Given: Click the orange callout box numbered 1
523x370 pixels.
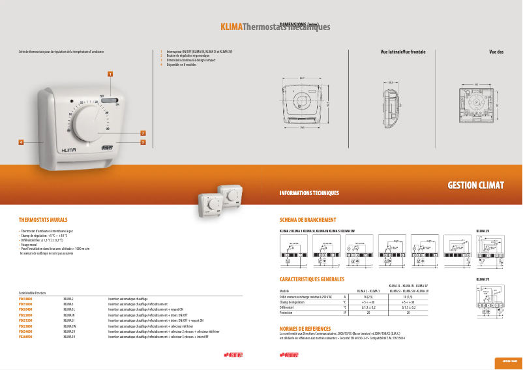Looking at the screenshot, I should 111,74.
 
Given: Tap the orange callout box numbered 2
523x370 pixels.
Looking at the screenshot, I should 143,133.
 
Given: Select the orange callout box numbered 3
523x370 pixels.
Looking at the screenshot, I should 143,141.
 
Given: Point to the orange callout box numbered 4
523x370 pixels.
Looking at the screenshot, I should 22,142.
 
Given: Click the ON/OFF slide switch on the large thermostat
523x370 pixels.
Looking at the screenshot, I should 112,102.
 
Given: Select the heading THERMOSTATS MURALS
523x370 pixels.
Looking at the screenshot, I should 44,220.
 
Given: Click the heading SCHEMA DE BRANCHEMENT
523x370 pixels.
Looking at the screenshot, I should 308,220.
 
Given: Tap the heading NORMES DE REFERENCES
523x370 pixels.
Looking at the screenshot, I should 305,328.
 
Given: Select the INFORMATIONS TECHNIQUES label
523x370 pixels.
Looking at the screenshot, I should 309,193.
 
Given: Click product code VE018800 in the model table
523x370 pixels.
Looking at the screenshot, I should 25,298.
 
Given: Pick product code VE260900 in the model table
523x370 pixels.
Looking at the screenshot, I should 25,336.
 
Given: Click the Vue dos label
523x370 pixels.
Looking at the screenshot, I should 496,51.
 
